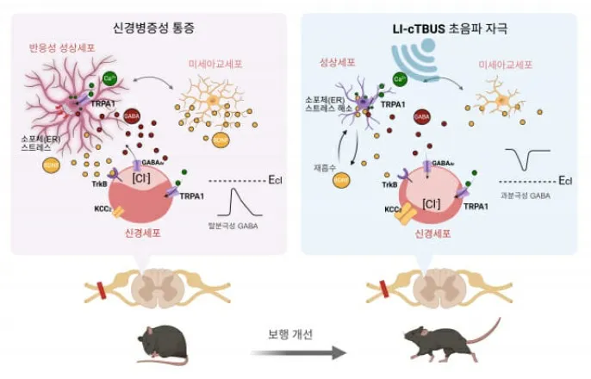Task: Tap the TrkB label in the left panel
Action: click(x=100, y=183)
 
